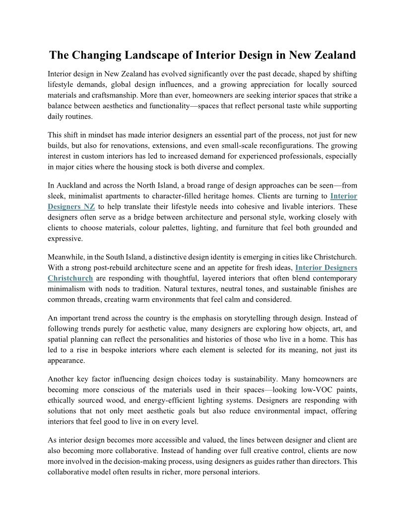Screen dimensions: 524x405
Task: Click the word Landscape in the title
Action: click(157, 55)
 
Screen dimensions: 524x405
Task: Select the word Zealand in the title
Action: click(330, 55)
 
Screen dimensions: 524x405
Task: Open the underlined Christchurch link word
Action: click(70, 278)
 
